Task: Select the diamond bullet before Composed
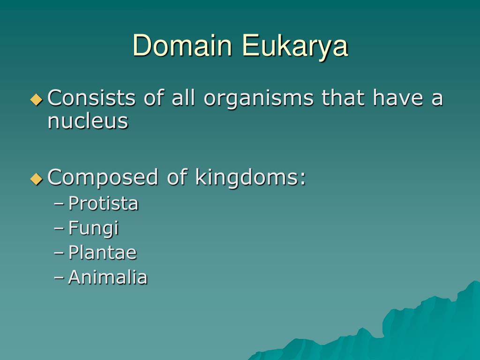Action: [x=36, y=179]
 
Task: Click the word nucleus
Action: [x=88, y=121]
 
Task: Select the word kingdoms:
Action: [x=250, y=178]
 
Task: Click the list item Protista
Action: [x=103, y=204]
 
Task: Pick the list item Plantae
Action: [x=102, y=253]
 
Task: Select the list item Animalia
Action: [x=108, y=277]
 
